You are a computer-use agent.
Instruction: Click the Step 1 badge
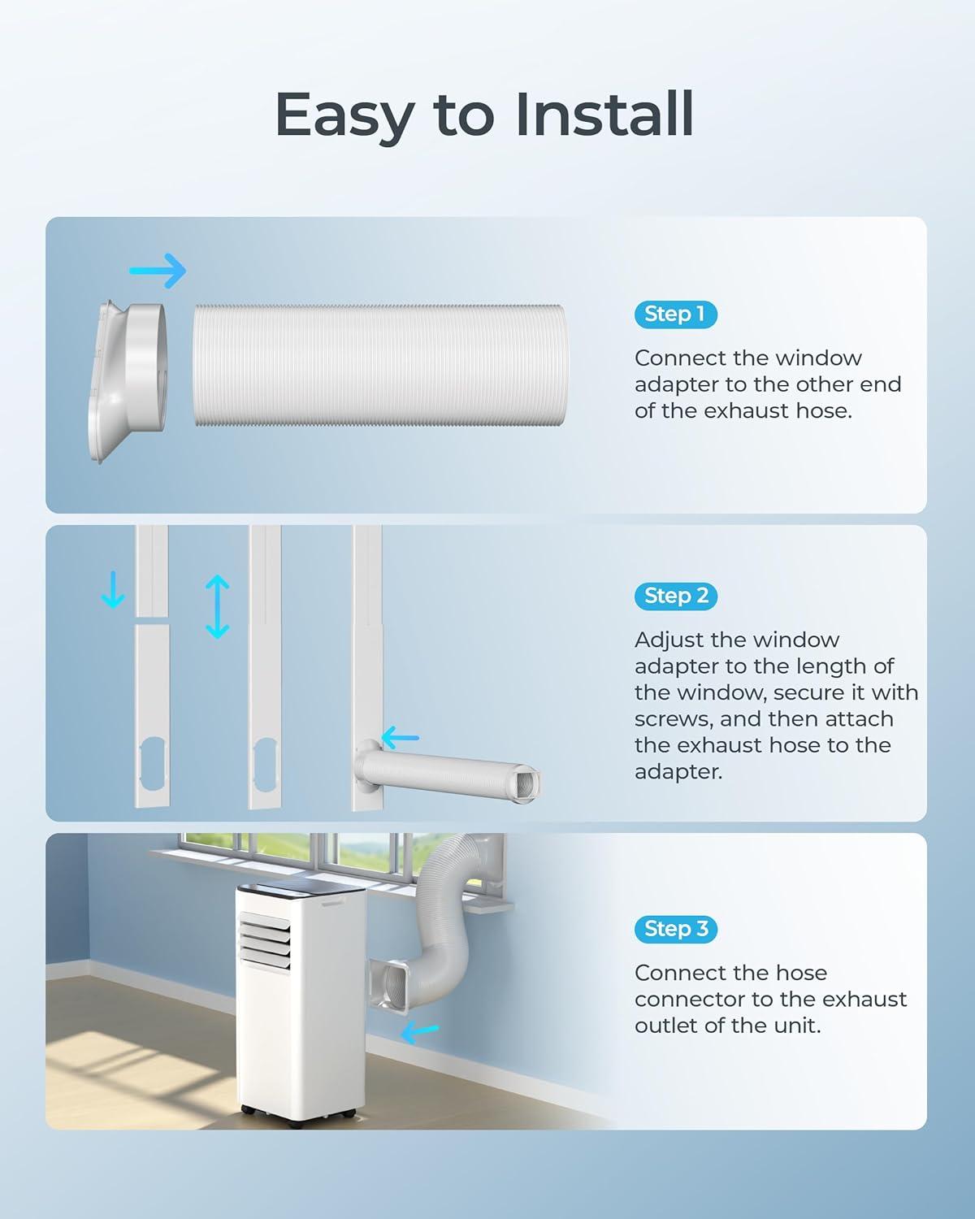tap(676, 315)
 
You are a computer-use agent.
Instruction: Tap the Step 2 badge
tap(676, 596)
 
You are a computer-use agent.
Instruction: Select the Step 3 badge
tap(676, 929)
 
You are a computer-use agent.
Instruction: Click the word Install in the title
tap(604, 114)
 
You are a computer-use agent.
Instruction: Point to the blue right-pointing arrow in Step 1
tap(158, 271)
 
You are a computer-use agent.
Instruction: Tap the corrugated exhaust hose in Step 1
tap(379, 366)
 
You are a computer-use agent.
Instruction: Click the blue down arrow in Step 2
tap(113, 590)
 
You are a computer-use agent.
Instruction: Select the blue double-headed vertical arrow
tap(218, 607)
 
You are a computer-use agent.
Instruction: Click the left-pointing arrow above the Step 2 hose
tap(401, 738)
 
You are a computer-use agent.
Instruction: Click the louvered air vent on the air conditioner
tap(265, 941)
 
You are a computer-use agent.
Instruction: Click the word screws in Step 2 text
tap(673, 719)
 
